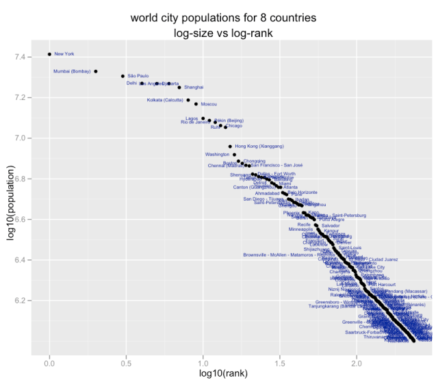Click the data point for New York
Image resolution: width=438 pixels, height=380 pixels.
(x=49, y=54)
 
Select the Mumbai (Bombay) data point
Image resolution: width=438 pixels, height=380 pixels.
(x=96, y=71)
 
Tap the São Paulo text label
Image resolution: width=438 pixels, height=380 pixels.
(x=138, y=76)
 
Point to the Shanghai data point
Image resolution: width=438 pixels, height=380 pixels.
(x=179, y=88)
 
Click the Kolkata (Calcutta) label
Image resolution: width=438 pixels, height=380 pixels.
(x=165, y=100)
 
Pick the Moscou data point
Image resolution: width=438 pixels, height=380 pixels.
(x=196, y=104)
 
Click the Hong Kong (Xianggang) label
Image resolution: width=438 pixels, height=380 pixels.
(x=259, y=147)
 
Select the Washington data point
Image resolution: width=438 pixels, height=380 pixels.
(x=234, y=155)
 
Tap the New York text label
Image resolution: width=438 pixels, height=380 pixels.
(x=64, y=54)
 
